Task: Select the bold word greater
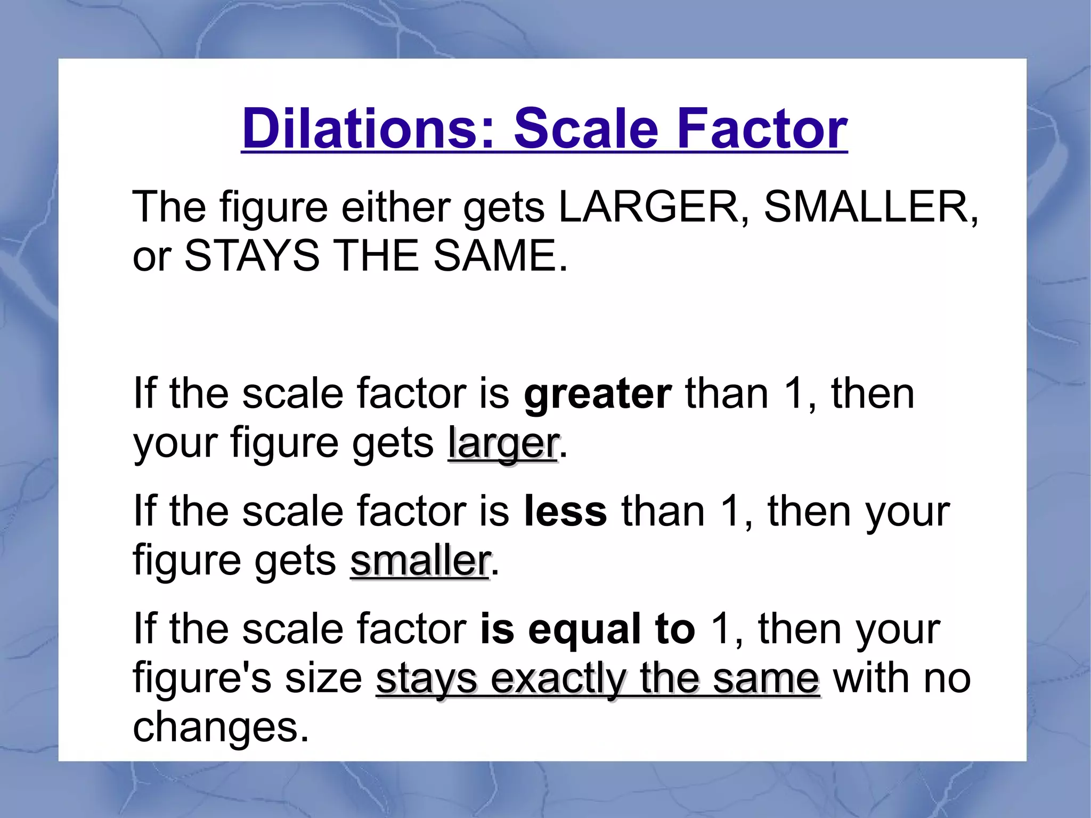[598, 394]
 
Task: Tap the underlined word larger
[503, 443]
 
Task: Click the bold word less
[565, 512]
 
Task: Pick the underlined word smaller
[420, 561]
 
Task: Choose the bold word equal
[584, 629]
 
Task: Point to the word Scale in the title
[586, 128]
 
